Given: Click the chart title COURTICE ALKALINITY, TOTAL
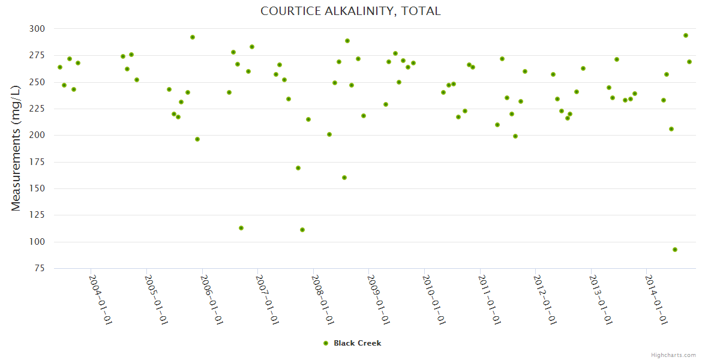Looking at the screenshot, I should pos(350,11).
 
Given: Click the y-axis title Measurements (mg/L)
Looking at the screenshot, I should pos(16,148).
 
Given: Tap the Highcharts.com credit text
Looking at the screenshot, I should pos(673,355).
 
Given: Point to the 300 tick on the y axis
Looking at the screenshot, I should pos(37,29).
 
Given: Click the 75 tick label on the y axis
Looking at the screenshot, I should pos(39,268).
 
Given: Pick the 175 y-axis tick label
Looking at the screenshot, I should pos(37,162).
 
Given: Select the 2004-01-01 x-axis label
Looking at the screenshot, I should pos(100,299).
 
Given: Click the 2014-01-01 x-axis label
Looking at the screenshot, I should pos(655,299).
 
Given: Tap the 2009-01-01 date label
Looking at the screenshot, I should pos(378,299).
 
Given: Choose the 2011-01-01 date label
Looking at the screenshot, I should pos(489,299).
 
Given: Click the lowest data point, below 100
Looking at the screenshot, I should pos(675,250).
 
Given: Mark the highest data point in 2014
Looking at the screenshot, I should pos(686,35).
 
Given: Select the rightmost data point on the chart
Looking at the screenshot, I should pos(689,62).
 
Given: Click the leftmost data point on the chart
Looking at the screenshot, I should pos(60,67).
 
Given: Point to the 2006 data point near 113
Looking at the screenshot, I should pos(241,228).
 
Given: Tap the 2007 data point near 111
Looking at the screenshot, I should pos(302,230).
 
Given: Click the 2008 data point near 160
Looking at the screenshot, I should pos(344,178).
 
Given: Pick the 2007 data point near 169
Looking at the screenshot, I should pos(298,168).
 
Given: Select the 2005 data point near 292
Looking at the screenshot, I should pos(193,37).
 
